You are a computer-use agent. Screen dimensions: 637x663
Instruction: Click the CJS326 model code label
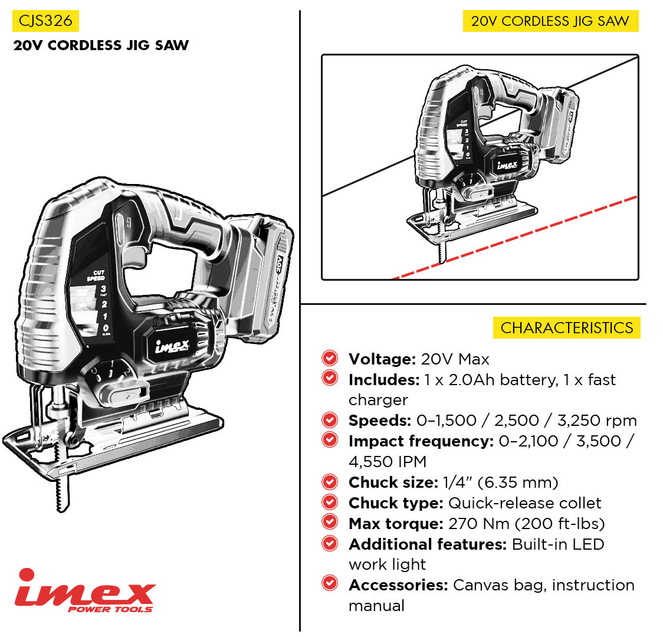coord(45,21)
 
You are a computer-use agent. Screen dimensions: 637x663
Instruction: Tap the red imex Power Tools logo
coord(86,590)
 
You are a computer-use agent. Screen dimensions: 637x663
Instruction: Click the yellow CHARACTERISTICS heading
coord(566,328)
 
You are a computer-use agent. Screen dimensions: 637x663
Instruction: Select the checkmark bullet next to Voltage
coord(330,358)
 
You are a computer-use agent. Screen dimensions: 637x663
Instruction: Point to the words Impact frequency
coord(420,441)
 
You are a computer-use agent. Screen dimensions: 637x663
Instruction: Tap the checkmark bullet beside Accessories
coord(330,584)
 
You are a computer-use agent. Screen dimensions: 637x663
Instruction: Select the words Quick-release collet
coord(524,503)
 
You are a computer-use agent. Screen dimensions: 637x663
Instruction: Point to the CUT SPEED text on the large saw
coord(96,275)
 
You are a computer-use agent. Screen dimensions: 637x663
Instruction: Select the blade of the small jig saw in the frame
coord(442,251)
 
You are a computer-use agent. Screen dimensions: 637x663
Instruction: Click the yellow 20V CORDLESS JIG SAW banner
coord(550,21)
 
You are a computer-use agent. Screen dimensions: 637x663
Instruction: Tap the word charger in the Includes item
coord(378,400)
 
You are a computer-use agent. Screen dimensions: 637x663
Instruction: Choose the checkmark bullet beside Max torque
coord(330,523)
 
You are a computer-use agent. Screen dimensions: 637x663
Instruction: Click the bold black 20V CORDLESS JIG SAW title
coord(101,45)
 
